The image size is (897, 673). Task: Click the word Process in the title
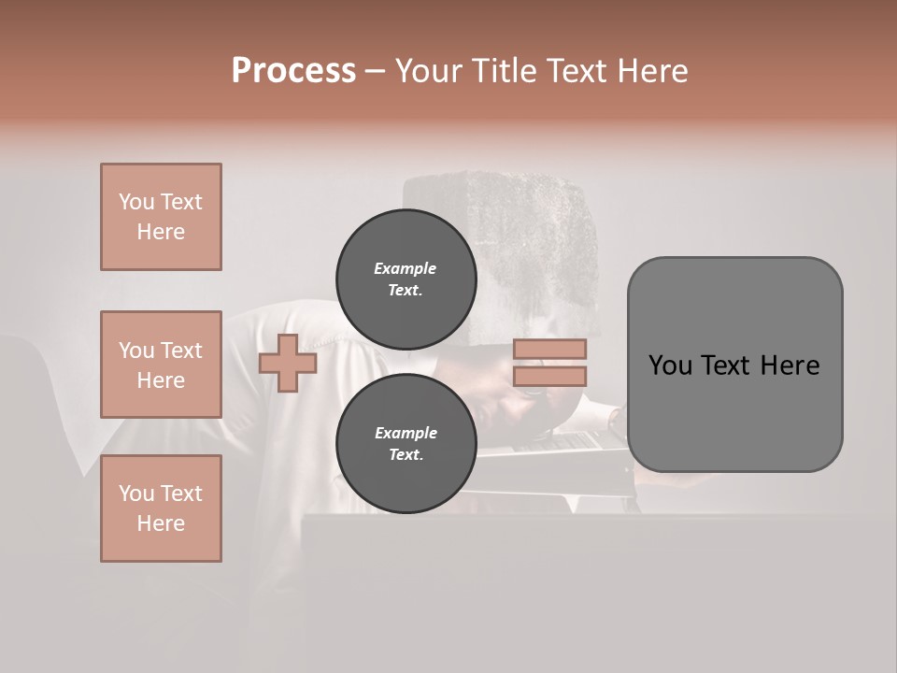(293, 71)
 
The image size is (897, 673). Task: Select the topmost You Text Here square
(161, 217)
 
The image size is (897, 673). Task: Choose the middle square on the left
(161, 365)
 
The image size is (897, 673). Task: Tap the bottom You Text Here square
(161, 508)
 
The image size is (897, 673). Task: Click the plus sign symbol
(288, 363)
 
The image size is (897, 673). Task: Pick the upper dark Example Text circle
(406, 279)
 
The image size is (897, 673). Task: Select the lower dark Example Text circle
(406, 443)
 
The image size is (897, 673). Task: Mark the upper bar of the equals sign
(549, 350)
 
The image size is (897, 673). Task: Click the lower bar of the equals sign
(549, 376)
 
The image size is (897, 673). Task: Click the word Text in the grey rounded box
(733, 365)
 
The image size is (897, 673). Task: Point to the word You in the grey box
(671, 365)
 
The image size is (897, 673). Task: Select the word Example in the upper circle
(405, 268)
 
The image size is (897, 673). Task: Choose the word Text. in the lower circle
(405, 455)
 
